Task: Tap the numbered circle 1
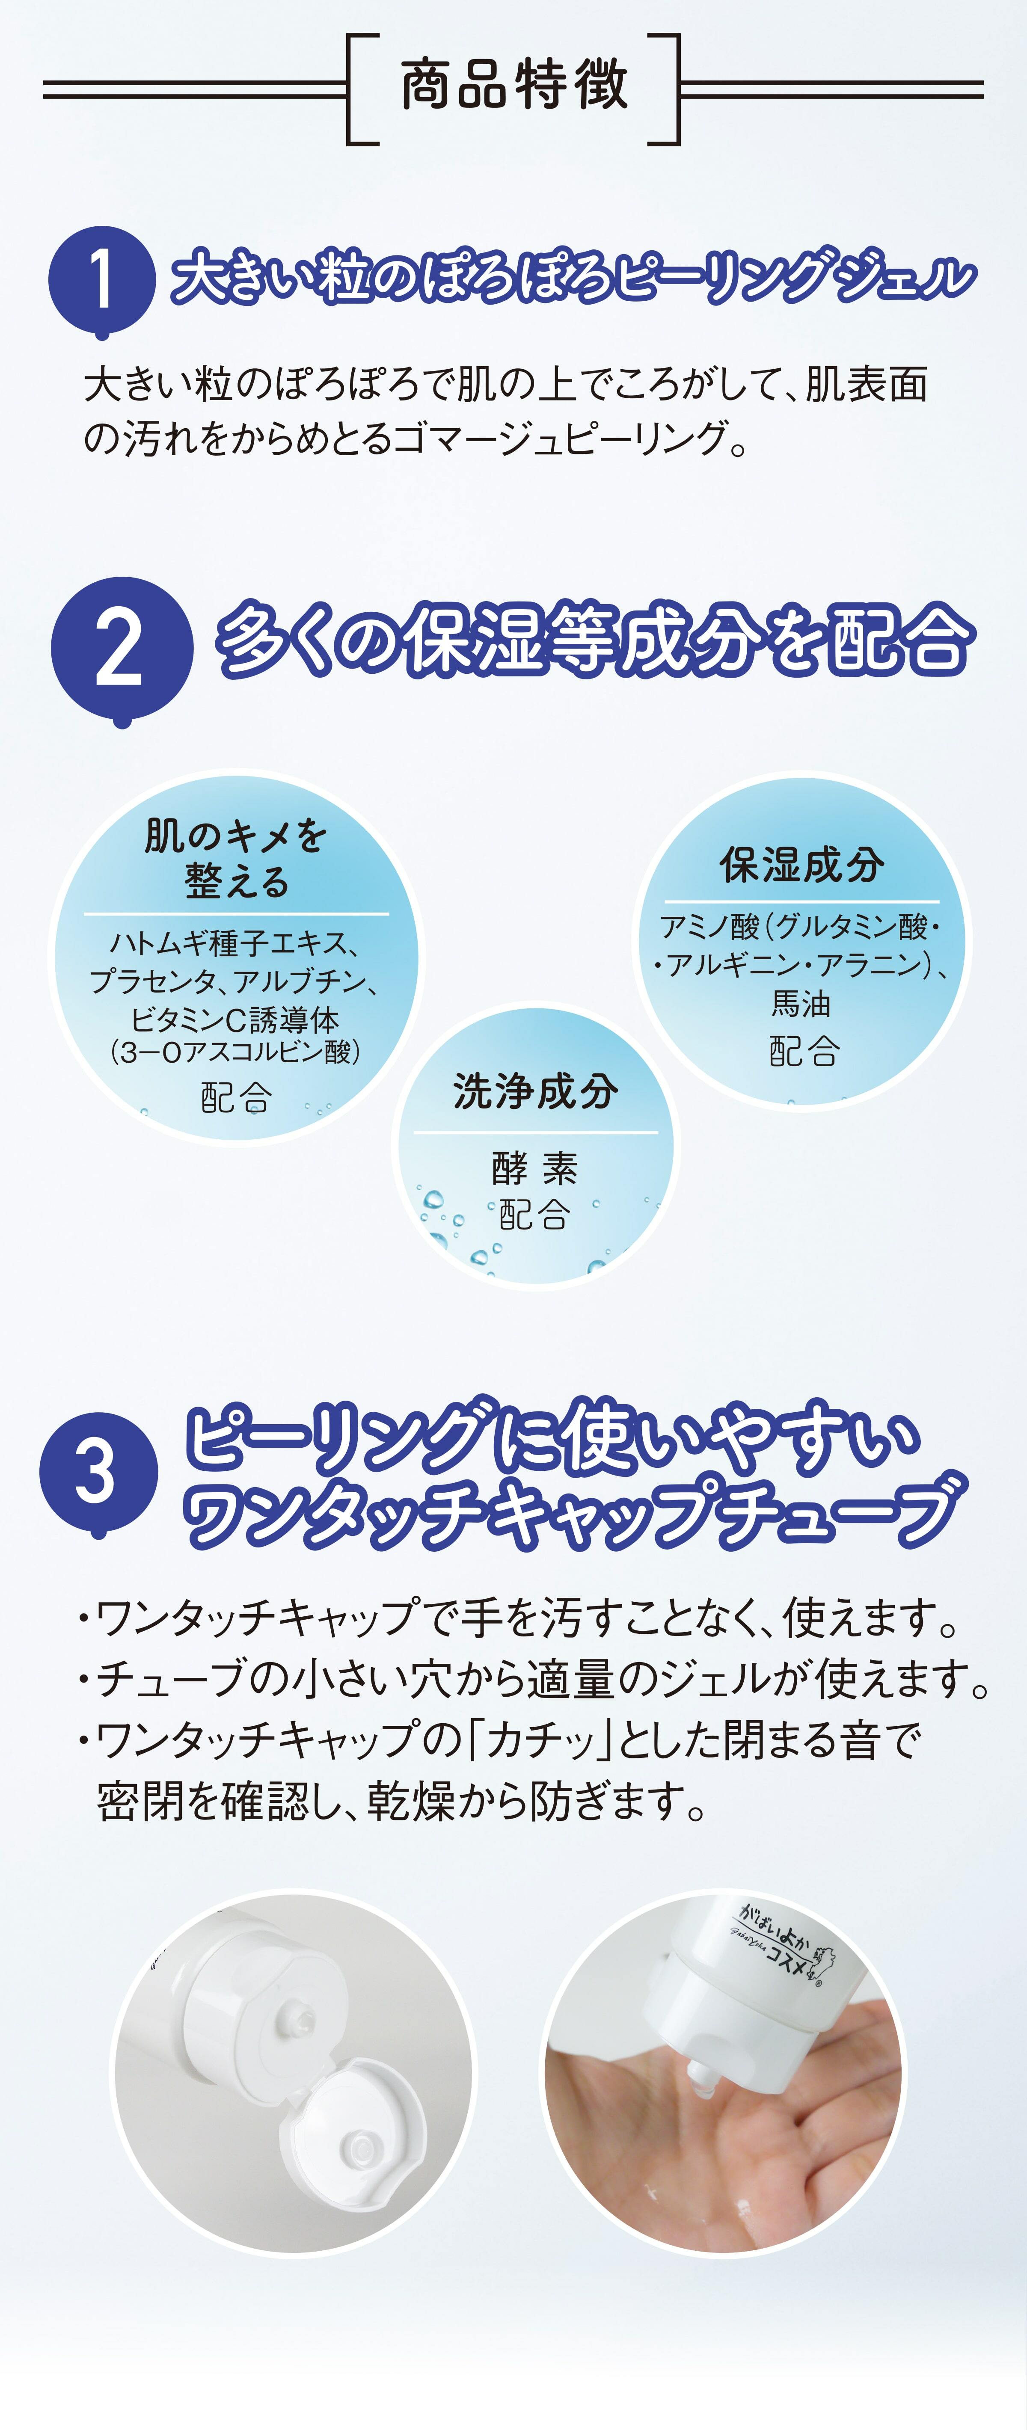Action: [x=101, y=280]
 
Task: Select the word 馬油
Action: [x=801, y=1004]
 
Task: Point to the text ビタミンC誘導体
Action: [x=235, y=1020]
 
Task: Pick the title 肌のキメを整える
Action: [x=236, y=859]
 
